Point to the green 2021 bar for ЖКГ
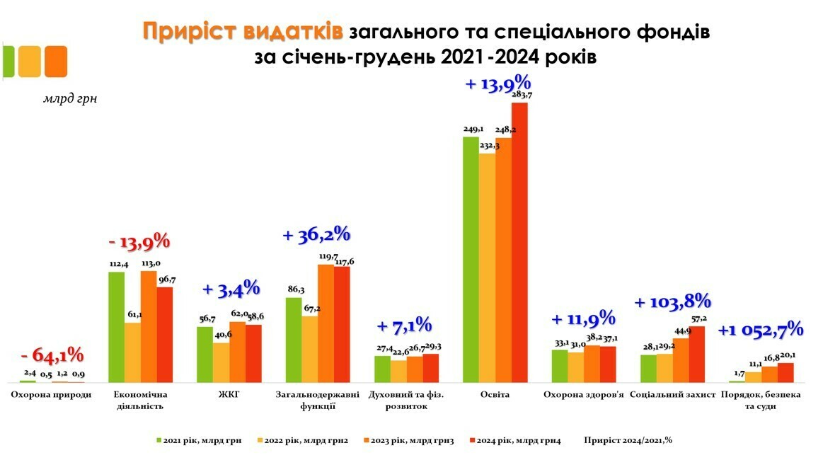coord(205,354)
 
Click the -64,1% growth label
coord(52,355)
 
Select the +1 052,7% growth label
coord(761,329)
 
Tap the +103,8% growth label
coord(672,302)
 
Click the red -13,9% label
coord(139,241)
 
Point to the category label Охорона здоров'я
coord(583,394)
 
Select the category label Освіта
coord(495,394)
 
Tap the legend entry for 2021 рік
coord(199,440)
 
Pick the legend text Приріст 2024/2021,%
coord(628,440)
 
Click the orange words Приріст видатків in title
coord(243,32)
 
